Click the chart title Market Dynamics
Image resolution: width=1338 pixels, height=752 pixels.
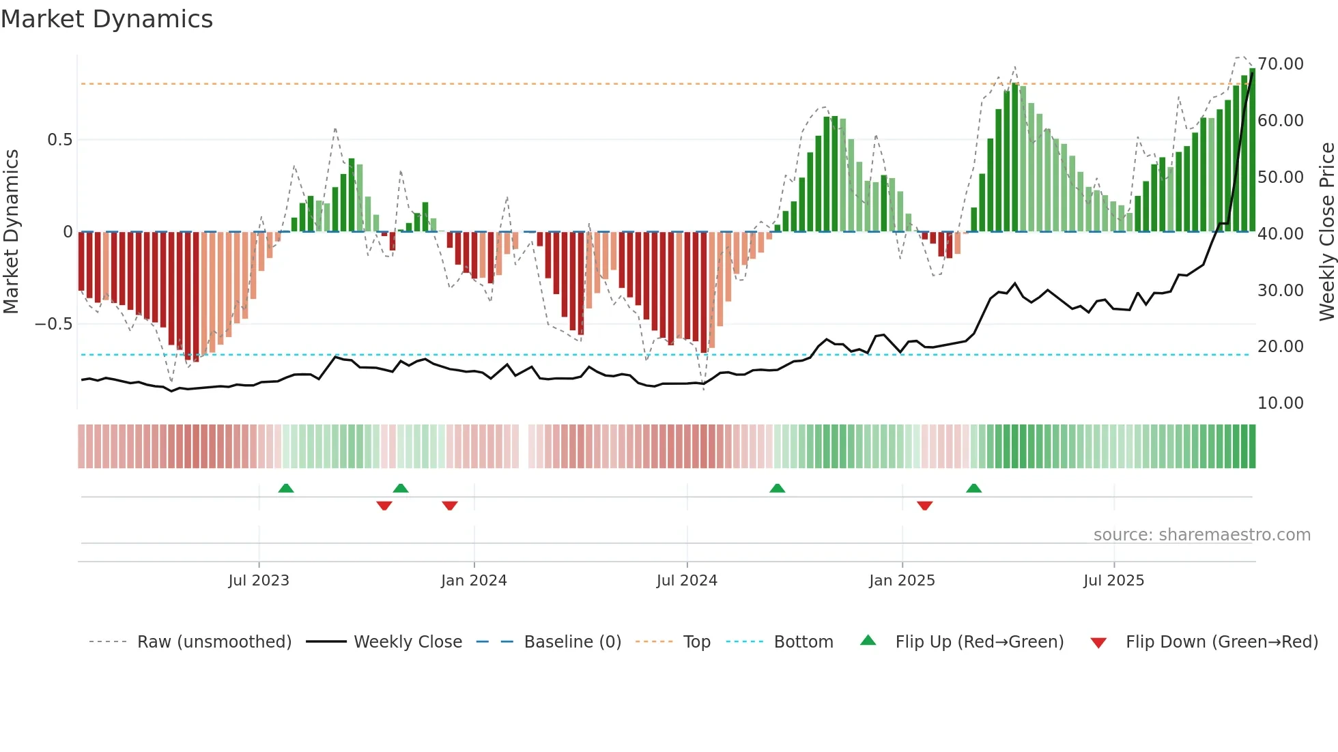(106, 19)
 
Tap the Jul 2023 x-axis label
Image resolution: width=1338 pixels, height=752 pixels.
(259, 581)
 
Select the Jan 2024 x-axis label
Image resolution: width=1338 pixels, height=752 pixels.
(474, 581)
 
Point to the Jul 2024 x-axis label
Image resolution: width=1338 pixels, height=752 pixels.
(687, 581)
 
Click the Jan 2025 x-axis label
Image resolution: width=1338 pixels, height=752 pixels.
(902, 581)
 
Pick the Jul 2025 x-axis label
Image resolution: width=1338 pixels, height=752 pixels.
(1113, 581)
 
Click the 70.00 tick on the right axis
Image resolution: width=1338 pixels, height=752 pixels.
(1281, 64)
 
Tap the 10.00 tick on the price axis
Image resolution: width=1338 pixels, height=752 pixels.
(1281, 403)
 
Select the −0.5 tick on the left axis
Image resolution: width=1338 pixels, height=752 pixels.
(54, 324)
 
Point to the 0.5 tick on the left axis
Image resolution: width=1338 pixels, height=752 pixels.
(59, 140)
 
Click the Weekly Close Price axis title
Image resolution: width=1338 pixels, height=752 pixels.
(1326, 232)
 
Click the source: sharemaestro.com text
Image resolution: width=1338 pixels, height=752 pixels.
(1201, 535)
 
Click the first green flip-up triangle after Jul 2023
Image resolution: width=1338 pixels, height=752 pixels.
(286, 489)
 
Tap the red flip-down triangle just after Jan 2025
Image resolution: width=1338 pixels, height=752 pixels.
(924, 506)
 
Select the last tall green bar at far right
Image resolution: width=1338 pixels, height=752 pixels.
(1252, 150)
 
